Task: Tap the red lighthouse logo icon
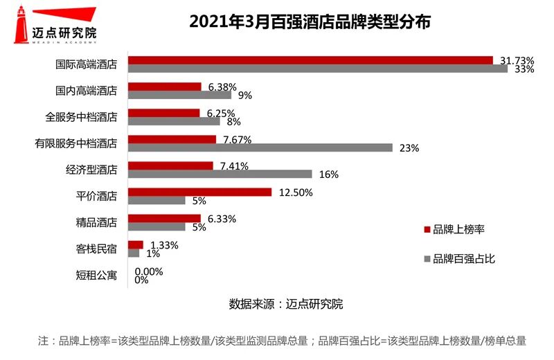pos(22,21)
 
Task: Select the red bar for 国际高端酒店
pos(310,60)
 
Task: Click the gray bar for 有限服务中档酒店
pos(260,147)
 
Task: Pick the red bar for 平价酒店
pos(200,192)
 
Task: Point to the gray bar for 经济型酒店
pos(220,174)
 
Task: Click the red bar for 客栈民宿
pos(136,244)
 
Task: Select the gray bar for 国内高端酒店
pos(179,95)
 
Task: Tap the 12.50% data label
pos(296,192)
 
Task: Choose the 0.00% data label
pos(149,271)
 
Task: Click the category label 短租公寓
pos(96,276)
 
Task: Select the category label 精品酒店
pos(96,222)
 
